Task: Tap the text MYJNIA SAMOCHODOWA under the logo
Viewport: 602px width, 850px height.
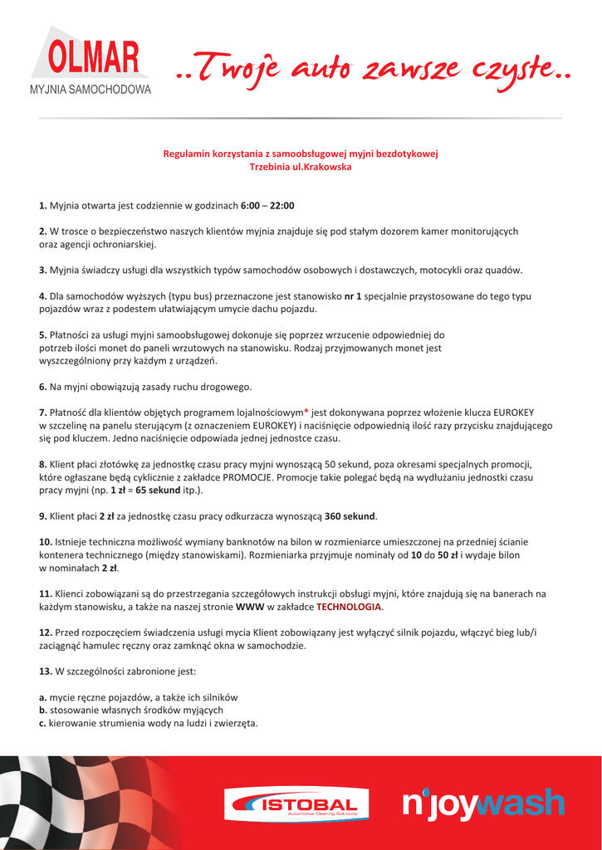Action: click(x=91, y=88)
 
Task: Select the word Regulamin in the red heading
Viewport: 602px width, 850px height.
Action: click(x=188, y=154)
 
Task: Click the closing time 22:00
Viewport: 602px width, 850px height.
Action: click(x=282, y=206)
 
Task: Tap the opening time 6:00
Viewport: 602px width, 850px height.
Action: click(x=250, y=206)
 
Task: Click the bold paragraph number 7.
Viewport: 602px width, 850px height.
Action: click(x=42, y=413)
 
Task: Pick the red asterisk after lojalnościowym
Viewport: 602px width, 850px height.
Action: click(x=306, y=411)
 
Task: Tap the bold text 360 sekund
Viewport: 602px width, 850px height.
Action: click(x=350, y=516)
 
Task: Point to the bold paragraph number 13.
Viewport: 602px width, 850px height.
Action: click(x=46, y=671)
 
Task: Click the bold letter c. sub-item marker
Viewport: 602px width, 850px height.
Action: click(x=43, y=723)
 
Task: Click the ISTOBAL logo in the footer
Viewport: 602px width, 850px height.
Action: click(x=295, y=804)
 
